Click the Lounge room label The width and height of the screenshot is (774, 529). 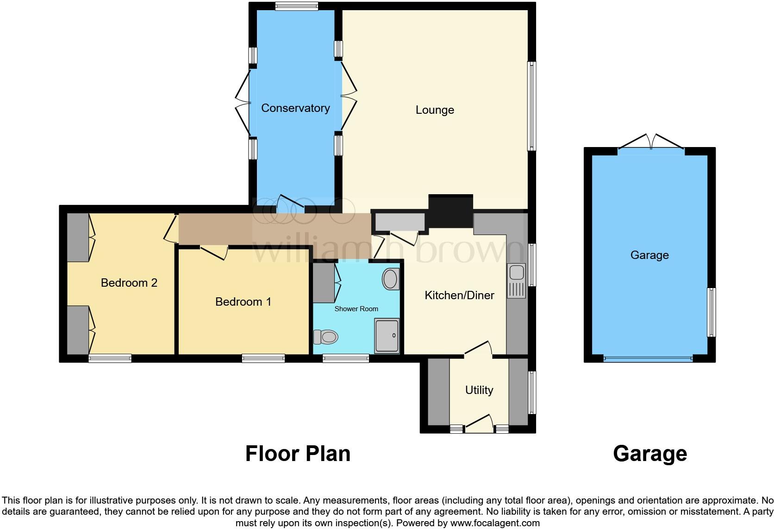(434, 110)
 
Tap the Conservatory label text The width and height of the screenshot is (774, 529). (295, 108)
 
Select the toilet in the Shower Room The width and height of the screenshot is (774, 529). (325, 337)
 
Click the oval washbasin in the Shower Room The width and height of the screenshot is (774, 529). (390, 279)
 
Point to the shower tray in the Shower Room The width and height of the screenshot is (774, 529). (387, 336)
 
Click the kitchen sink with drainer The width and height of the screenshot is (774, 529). (517, 281)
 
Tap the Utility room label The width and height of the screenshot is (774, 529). (479, 390)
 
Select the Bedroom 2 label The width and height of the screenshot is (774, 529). (129, 283)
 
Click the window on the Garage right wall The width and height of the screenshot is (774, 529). (712, 312)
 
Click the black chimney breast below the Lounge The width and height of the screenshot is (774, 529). (450, 211)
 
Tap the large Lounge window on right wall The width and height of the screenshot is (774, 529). (532, 106)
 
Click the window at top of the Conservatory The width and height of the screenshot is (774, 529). (296, 6)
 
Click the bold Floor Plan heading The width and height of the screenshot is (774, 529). (298, 454)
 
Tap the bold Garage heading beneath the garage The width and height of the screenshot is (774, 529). (649, 454)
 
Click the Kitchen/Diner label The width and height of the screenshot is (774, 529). (459, 295)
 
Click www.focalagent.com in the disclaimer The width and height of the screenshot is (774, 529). (495, 523)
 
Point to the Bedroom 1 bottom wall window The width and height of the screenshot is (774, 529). (263, 358)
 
